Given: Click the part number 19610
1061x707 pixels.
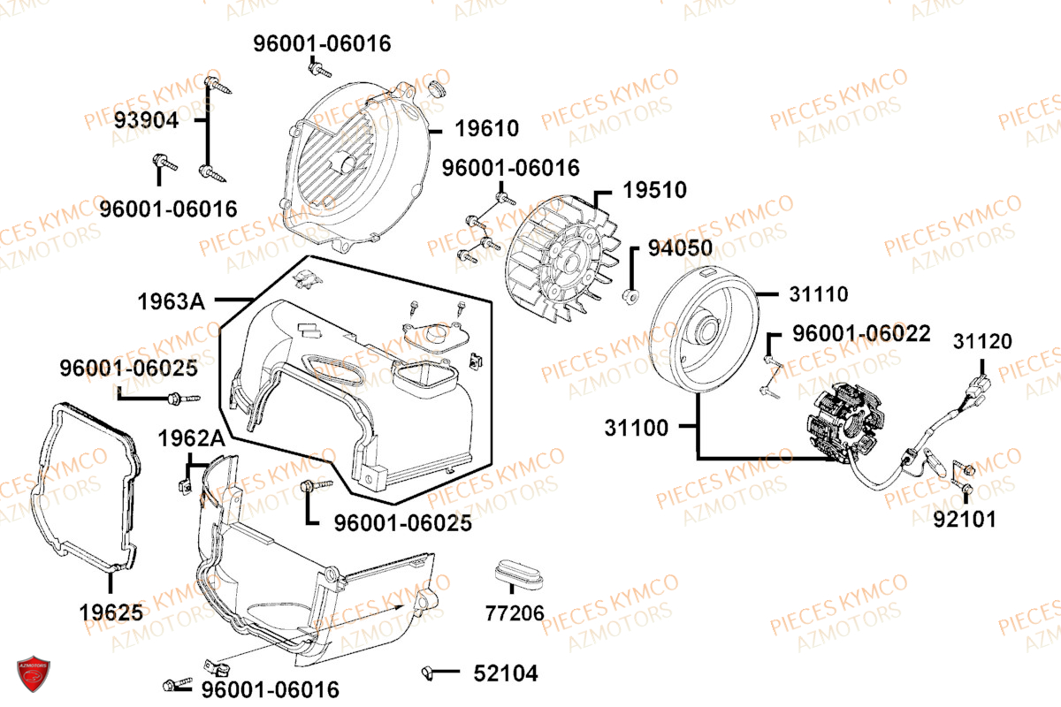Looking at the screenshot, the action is point(487,128).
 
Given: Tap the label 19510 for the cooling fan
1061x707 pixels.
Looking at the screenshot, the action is point(654,190).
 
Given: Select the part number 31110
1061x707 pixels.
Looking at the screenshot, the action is point(819,294).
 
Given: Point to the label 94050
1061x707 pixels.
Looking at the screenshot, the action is point(680,248).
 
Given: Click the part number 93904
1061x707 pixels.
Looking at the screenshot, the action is point(147,120).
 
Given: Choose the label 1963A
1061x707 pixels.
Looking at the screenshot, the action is point(171,301).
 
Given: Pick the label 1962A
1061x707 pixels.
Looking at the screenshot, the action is point(191,438).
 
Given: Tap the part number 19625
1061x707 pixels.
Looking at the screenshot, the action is point(111,612).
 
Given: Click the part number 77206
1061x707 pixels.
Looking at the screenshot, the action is point(515,613).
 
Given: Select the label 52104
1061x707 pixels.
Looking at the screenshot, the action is point(506,673).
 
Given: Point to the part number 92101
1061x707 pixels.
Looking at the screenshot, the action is point(965,520).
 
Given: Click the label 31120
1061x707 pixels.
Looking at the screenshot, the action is point(983,341).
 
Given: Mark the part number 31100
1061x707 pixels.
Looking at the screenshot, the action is point(637,428).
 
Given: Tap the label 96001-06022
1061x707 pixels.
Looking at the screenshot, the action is point(861,333).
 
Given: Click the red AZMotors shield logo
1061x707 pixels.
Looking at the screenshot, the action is point(34,673).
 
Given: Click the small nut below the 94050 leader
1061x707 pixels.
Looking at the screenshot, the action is point(630,297).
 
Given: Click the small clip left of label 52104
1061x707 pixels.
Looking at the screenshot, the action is point(427,673).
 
